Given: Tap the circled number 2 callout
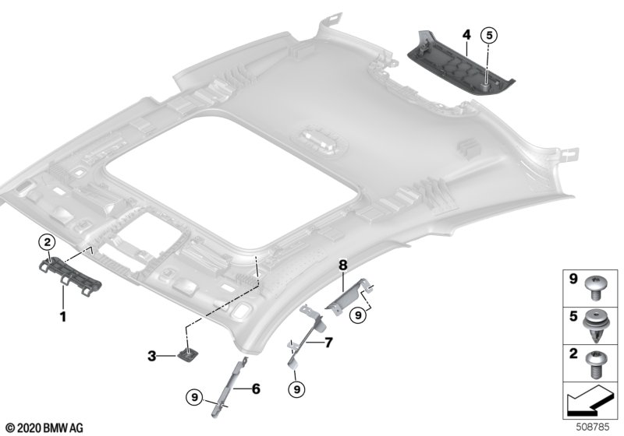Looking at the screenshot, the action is (47, 241).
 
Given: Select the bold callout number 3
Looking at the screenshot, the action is (151, 356).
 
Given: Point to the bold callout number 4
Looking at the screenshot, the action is (466, 35).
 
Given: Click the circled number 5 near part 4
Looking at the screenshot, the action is (489, 35).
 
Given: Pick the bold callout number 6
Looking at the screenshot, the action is (256, 389).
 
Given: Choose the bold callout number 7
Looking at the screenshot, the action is (328, 343).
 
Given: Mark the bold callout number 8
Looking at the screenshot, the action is (343, 265).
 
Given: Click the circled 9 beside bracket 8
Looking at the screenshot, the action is (358, 315).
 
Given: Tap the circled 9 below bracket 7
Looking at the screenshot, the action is (296, 389).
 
